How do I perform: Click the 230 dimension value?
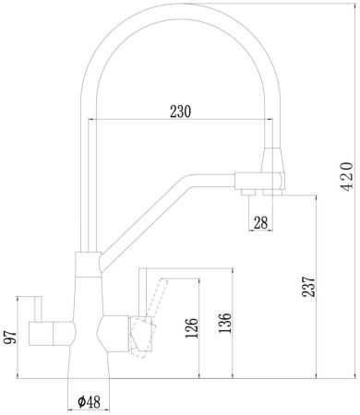(181, 111)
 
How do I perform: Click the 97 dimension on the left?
(9, 336)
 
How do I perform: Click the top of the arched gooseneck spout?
(180, 10)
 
